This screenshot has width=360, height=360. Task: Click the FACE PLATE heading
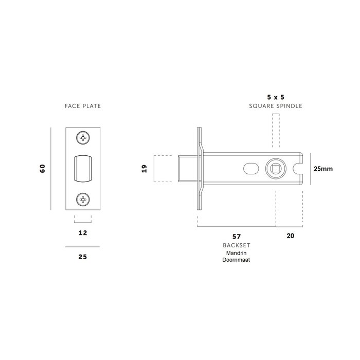click(82, 106)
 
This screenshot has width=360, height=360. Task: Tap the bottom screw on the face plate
click(82, 199)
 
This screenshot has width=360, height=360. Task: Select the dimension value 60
click(43, 168)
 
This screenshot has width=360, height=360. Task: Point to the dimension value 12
click(82, 233)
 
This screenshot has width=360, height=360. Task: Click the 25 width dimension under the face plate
click(82, 257)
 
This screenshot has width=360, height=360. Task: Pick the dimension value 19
click(145, 168)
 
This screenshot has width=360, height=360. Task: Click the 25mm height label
click(323, 168)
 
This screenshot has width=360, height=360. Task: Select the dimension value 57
click(237, 237)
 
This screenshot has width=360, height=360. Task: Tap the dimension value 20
click(289, 237)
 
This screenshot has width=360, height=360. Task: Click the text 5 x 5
click(276, 96)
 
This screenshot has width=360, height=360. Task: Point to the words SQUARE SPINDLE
click(276, 106)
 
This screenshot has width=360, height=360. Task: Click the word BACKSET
click(236, 246)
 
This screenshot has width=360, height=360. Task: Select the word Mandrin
click(236, 254)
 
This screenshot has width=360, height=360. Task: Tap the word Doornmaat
click(236, 261)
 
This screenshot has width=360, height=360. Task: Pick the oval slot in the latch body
click(250, 168)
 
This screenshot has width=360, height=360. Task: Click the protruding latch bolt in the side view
click(186, 168)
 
